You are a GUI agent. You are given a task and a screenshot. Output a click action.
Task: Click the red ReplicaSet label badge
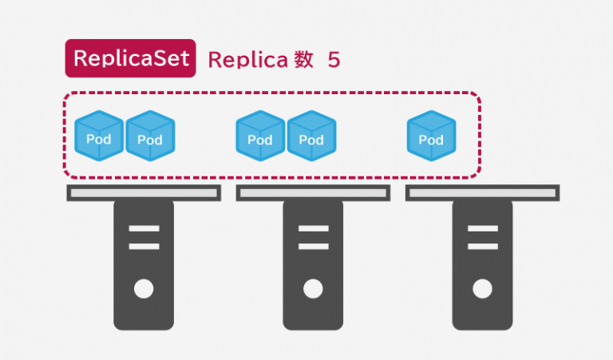[130, 58]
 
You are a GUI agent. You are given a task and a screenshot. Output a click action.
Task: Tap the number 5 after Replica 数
[334, 60]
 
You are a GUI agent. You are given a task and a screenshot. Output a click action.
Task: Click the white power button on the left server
[144, 288]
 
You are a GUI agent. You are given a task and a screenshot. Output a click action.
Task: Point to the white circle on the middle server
[313, 288]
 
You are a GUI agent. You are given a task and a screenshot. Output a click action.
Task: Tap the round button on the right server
[482, 288]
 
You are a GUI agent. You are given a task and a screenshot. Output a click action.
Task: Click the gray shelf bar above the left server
[144, 192]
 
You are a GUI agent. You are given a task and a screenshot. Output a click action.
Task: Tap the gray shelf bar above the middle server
[313, 192]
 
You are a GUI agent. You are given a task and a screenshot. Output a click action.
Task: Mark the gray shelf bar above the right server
[482, 192]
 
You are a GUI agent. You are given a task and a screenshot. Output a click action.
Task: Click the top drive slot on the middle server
[313, 229]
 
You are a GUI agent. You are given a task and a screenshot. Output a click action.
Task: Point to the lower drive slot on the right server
[482, 246]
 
